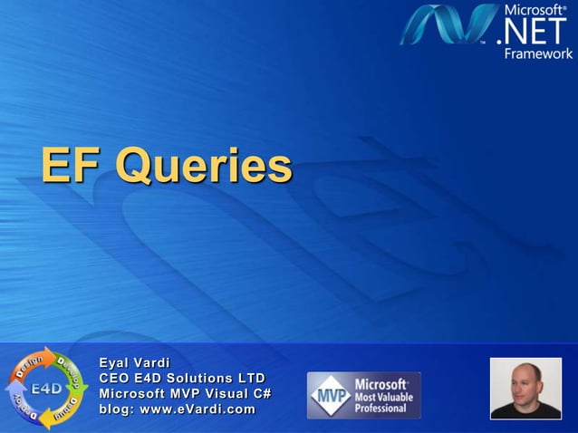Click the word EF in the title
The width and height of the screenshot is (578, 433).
tap(72, 166)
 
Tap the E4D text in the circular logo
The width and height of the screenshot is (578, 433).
tap(46, 390)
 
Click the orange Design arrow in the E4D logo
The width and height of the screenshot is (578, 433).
tap(25, 367)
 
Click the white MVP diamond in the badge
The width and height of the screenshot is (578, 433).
tap(331, 395)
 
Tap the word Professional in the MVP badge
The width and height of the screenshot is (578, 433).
tap(380, 409)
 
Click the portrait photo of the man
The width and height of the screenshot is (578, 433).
tap(525, 388)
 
